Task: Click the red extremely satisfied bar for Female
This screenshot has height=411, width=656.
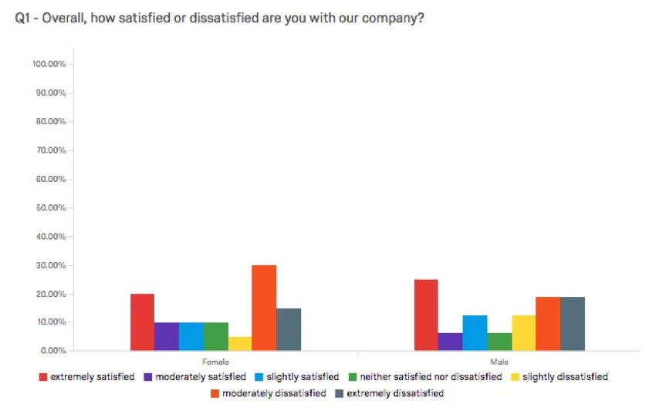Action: pos(142,322)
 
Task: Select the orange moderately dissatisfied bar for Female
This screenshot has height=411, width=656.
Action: pos(264,308)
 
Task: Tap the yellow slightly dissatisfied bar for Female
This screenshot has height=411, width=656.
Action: pos(240,344)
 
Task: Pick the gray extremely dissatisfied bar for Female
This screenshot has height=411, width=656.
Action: pos(289,329)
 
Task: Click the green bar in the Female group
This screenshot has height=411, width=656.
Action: pos(215,336)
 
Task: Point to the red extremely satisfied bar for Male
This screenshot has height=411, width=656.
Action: pos(426,315)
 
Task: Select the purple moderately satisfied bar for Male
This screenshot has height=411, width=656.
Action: pos(450,342)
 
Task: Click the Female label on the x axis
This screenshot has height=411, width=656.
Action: pos(215,361)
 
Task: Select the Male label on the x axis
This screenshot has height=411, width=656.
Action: pos(499,361)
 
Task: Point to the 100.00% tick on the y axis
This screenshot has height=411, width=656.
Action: pos(49,64)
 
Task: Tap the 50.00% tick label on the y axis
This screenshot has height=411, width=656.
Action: pos(51,208)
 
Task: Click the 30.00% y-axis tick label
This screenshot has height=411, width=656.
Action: pos(51,265)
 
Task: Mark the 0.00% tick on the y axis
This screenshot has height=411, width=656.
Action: pos(52,351)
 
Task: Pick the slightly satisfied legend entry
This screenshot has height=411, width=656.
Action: pos(301,377)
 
